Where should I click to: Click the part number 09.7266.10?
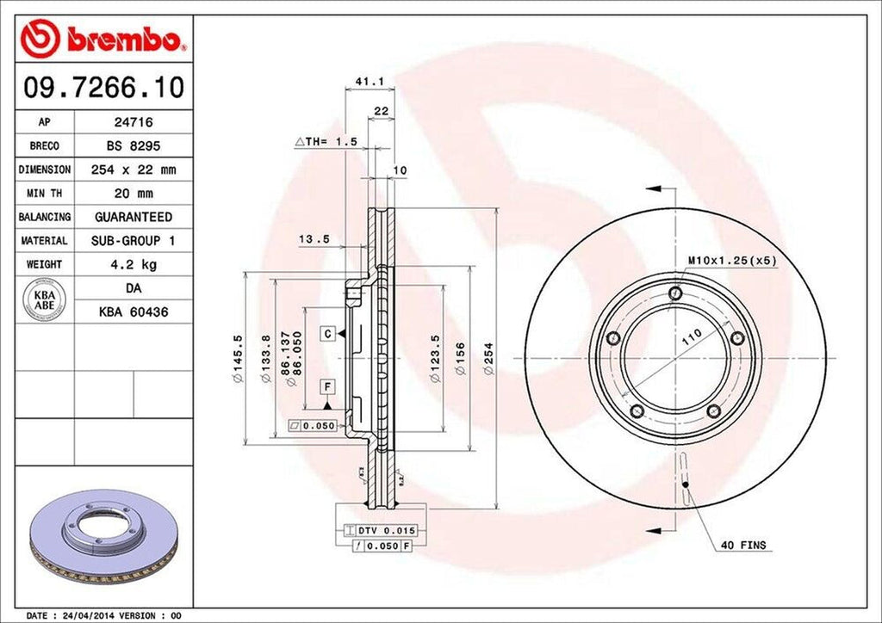point(102,87)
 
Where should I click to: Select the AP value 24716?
point(134,123)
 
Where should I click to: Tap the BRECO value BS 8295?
point(134,146)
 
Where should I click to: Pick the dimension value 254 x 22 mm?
point(134,170)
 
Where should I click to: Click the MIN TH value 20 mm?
point(134,194)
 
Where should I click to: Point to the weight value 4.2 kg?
point(134,264)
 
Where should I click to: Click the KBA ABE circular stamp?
point(45,300)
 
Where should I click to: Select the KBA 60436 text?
point(134,311)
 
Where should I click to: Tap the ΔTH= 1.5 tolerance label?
point(326,140)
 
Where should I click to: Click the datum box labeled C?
point(328,333)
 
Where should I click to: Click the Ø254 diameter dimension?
point(488,357)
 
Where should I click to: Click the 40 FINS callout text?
point(743,545)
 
